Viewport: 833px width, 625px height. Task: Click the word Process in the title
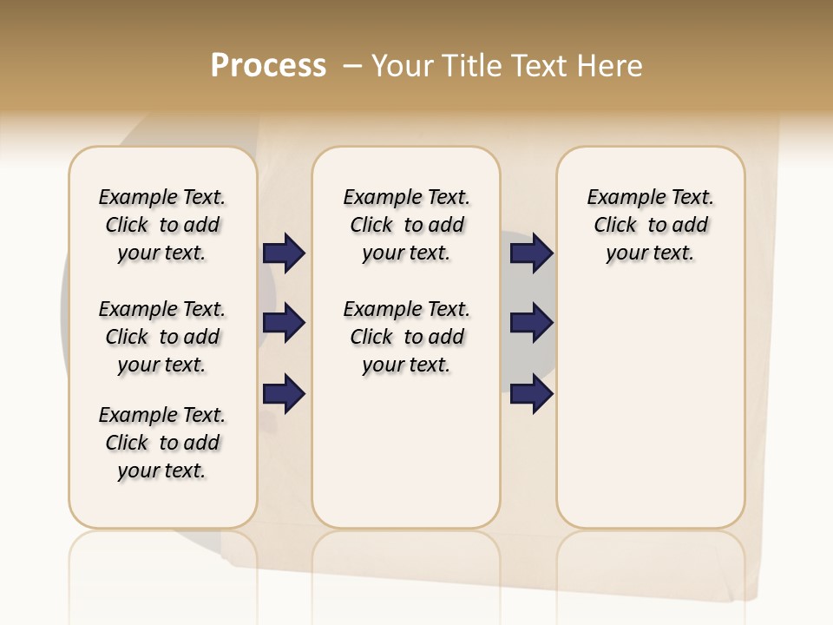(x=268, y=66)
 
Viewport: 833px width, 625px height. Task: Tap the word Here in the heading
(x=611, y=66)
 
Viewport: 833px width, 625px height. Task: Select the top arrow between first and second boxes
(x=284, y=253)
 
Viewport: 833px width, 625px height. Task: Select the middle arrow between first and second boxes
(x=284, y=324)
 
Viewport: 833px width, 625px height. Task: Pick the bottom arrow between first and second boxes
(x=284, y=394)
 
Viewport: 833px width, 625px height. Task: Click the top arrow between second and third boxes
(x=531, y=253)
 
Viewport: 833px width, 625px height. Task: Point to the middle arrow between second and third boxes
(x=531, y=324)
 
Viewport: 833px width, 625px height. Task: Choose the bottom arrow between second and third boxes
(x=531, y=394)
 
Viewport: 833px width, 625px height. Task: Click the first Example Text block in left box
(x=162, y=225)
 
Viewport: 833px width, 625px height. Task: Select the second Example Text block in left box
(x=162, y=337)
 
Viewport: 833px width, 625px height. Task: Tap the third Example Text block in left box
(x=162, y=443)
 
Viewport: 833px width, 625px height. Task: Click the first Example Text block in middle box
(x=406, y=225)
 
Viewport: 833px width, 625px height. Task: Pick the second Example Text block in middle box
(x=406, y=337)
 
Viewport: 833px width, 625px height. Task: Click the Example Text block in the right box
(x=650, y=225)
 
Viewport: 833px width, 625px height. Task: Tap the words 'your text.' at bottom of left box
(x=162, y=470)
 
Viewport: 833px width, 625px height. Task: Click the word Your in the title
(x=404, y=66)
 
